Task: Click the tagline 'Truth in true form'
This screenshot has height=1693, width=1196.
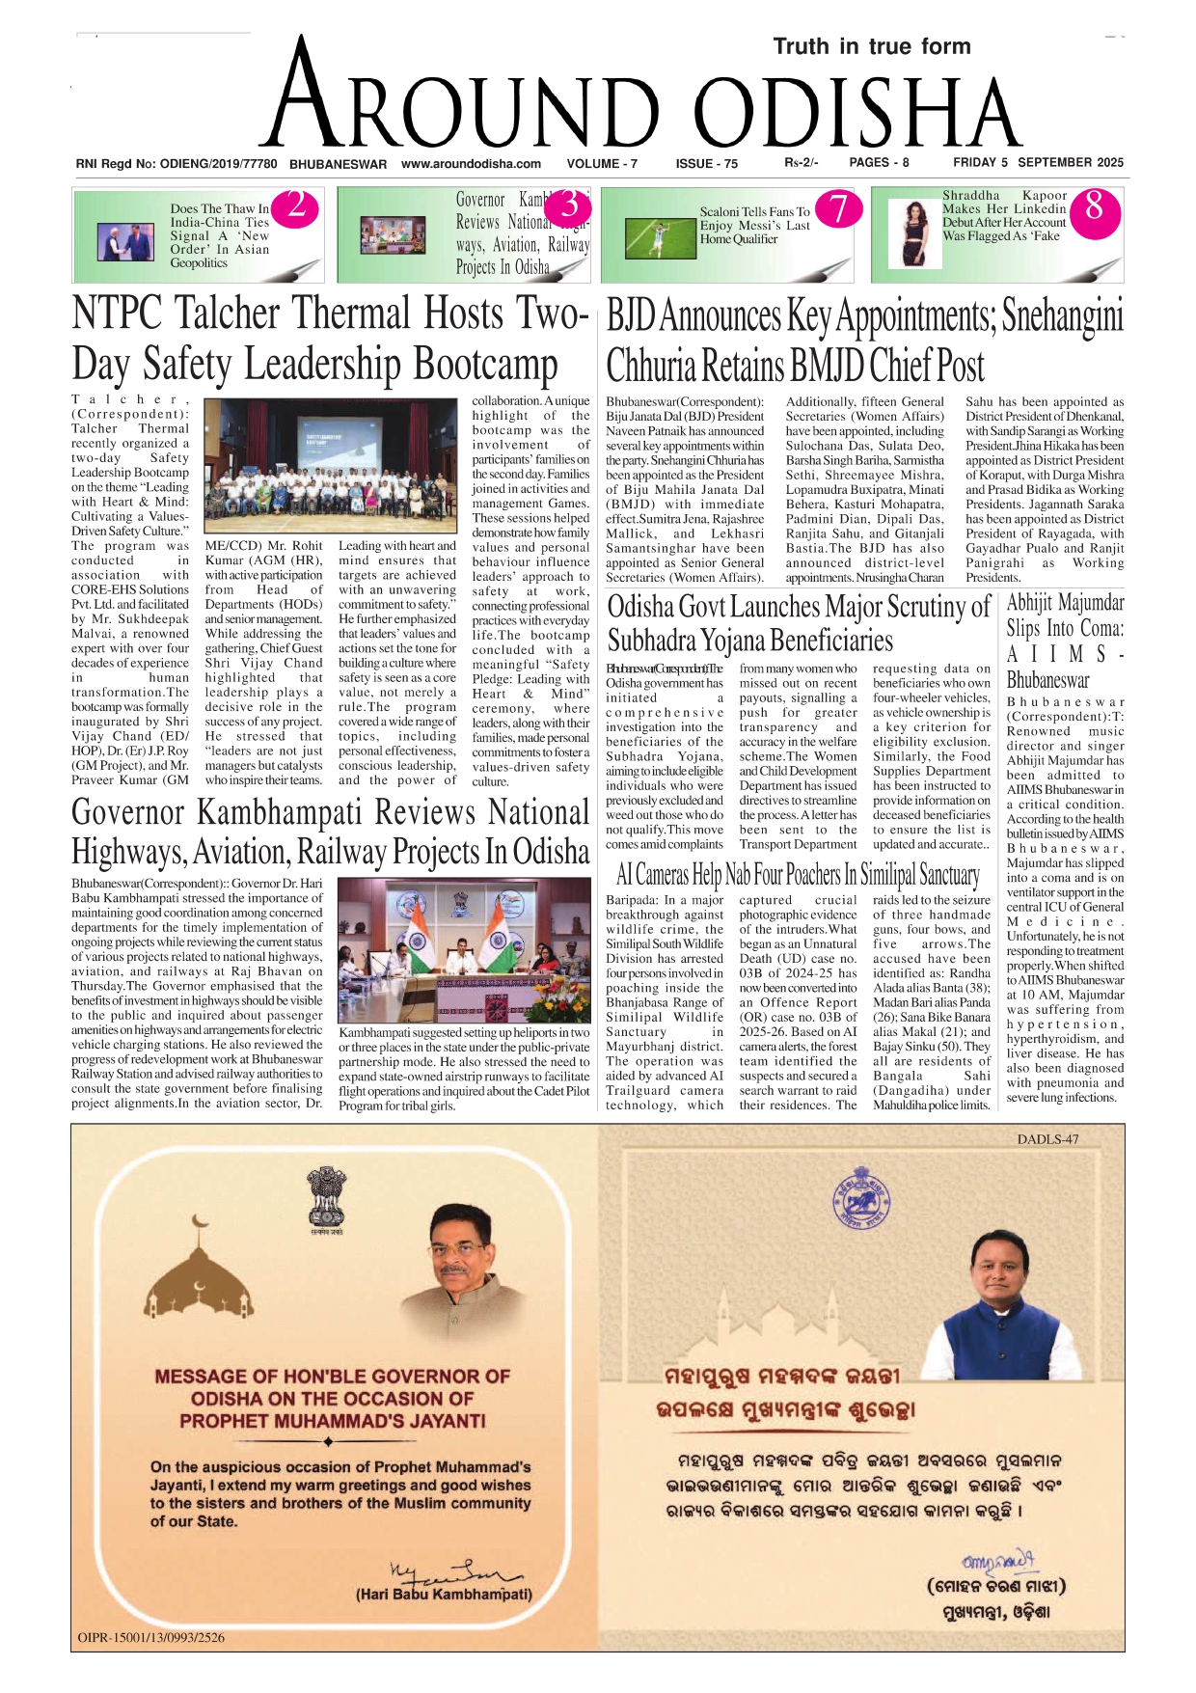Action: [871, 46]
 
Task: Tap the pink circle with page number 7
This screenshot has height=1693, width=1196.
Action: [839, 208]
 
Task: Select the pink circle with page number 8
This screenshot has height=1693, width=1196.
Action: [1094, 206]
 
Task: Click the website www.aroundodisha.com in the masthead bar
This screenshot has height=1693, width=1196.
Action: [471, 164]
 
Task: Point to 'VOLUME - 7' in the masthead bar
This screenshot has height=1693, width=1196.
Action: [602, 164]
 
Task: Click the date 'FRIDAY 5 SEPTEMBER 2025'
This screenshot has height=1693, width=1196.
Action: [1038, 163]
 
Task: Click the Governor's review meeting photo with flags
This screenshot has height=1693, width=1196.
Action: [463, 949]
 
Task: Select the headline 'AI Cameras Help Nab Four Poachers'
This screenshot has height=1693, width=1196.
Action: [798, 874]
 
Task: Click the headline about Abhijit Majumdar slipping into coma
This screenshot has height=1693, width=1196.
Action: [1065, 641]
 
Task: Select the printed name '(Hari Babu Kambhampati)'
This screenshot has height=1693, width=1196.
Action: [444, 1595]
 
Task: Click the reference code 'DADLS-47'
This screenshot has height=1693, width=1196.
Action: [1047, 1139]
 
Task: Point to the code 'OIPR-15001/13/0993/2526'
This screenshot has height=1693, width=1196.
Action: [151, 1637]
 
